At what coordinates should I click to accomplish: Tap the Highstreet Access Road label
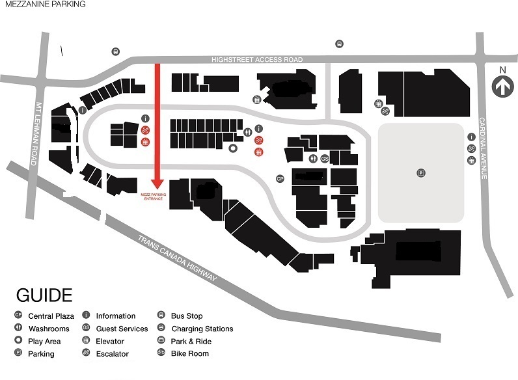257,60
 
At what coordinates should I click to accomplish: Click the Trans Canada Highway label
176,258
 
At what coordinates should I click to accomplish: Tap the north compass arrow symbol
502,85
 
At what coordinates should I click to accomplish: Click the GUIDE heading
44,295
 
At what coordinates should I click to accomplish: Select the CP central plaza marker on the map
280,178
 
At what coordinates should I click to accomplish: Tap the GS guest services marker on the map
325,157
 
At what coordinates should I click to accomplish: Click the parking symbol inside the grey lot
421,172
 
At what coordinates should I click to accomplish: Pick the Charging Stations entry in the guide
202,329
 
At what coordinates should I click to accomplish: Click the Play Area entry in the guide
44,341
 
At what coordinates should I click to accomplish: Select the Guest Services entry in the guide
121,329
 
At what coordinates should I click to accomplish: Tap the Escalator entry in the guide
112,354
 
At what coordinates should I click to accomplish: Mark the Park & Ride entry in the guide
191,341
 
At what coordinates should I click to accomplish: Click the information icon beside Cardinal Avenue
471,137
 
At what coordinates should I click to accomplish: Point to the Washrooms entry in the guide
49,329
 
